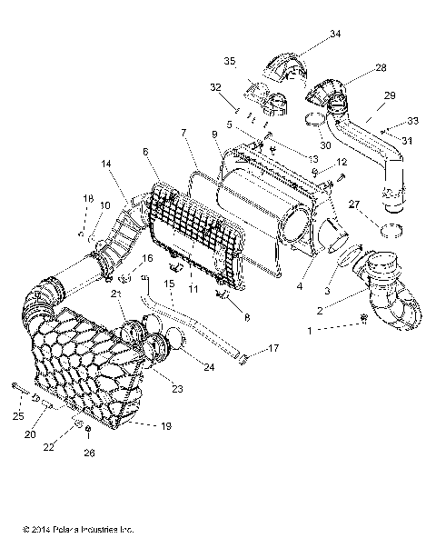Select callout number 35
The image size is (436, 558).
230,61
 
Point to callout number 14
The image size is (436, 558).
107,164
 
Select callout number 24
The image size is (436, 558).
212,368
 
